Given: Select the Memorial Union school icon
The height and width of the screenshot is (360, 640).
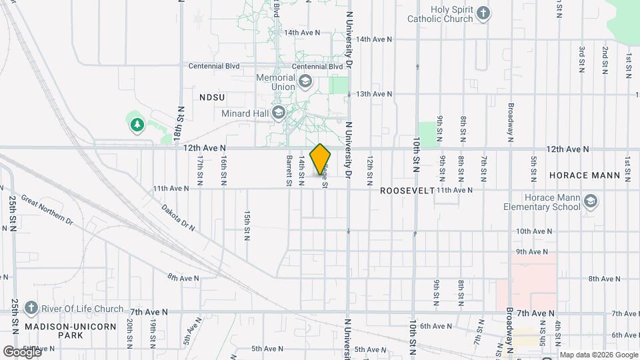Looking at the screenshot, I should pyautogui.click(x=305, y=82).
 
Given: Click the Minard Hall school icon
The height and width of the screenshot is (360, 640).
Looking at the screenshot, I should pyautogui.click(x=278, y=113).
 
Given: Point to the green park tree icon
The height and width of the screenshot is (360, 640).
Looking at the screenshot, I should pyautogui.click(x=137, y=124).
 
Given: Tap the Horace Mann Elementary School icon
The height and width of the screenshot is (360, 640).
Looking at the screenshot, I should pyautogui.click(x=589, y=202).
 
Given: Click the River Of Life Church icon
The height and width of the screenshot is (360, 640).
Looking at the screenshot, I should pyautogui.click(x=30, y=308).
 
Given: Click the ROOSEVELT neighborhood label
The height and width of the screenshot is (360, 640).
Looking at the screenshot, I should pyautogui.click(x=407, y=191).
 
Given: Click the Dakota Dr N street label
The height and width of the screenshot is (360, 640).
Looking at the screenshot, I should pyautogui.click(x=178, y=218).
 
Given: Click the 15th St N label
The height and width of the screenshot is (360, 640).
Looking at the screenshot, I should pyautogui.click(x=247, y=226).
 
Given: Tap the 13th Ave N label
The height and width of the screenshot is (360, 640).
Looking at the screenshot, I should pyautogui.click(x=374, y=94).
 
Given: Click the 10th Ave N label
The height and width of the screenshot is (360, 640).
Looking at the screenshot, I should pyautogui.click(x=531, y=231).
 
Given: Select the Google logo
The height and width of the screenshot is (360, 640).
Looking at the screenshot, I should pyautogui.click(x=21, y=351).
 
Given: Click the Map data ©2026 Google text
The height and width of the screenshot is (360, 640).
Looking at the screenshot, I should pyautogui.click(x=598, y=355).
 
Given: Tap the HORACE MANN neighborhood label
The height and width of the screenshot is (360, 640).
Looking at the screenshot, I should pyautogui.click(x=585, y=175).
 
